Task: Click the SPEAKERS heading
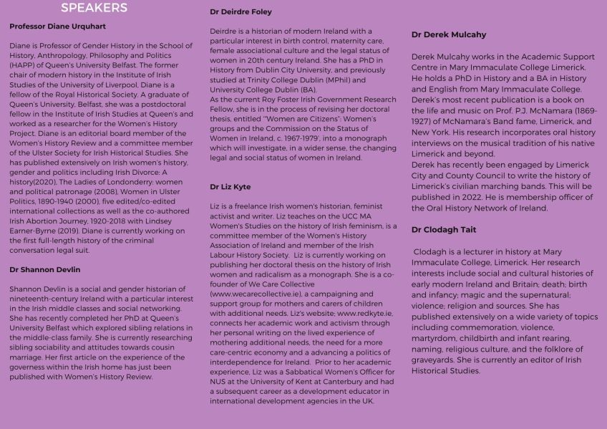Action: pyautogui.click(x=94, y=8)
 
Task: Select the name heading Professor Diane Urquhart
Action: pyautogui.click(x=57, y=26)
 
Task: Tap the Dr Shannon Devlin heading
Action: pyautogui.click(x=44, y=270)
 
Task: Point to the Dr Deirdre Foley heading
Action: pyautogui.click(x=241, y=12)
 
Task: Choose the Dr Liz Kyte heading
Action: pyautogui.click(x=230, y=187)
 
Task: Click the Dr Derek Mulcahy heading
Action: pyautogui.click(x=449, y=34)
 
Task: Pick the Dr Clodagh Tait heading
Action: pyautogui.click(x=444, y=230)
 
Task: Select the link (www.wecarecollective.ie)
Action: pyautogui.click(x=251, y=294)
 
